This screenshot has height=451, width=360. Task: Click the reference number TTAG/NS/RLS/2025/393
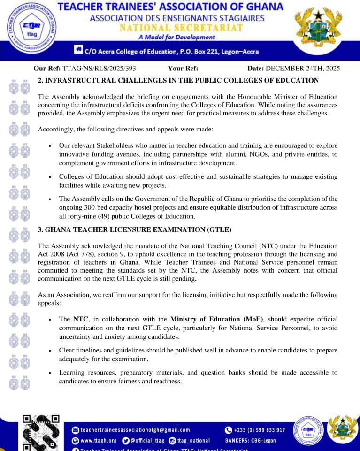coord(99,68)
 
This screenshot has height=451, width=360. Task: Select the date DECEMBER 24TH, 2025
coord(302,68)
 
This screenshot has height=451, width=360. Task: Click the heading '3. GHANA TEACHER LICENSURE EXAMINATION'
coord(134,229)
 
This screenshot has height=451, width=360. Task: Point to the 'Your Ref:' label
coord(183,68)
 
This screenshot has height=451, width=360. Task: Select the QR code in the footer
coord(41,432)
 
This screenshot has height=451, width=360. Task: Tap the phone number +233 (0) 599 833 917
coord(259,430)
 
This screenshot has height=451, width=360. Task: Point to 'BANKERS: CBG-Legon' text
coord(251,441)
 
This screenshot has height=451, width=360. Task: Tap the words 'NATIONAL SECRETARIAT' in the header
coord(181,28)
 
